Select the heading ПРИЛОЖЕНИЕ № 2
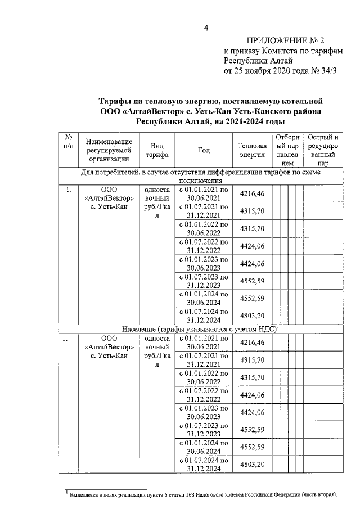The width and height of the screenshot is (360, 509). [x=286, y=41]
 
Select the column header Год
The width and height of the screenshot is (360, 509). [x=204, y=150]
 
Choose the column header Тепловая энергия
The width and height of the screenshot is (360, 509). [x=252, y=150]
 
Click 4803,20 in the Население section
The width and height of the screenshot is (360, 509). [x=252, y=465]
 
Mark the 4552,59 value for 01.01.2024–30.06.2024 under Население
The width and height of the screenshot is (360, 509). [x=252, y=447]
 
